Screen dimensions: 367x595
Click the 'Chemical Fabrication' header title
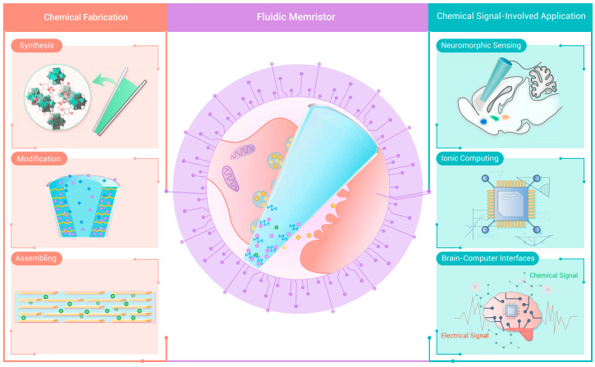[x=83, y=17]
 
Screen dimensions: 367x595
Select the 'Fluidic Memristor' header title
[x=297, y=17]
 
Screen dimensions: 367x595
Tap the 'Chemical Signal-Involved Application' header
[x=511, y=16]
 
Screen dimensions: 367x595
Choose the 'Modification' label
[x=39, y=158]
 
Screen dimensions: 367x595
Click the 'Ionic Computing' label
[x=470, y=157]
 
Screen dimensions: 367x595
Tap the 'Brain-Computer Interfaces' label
[x=490, y=258]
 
